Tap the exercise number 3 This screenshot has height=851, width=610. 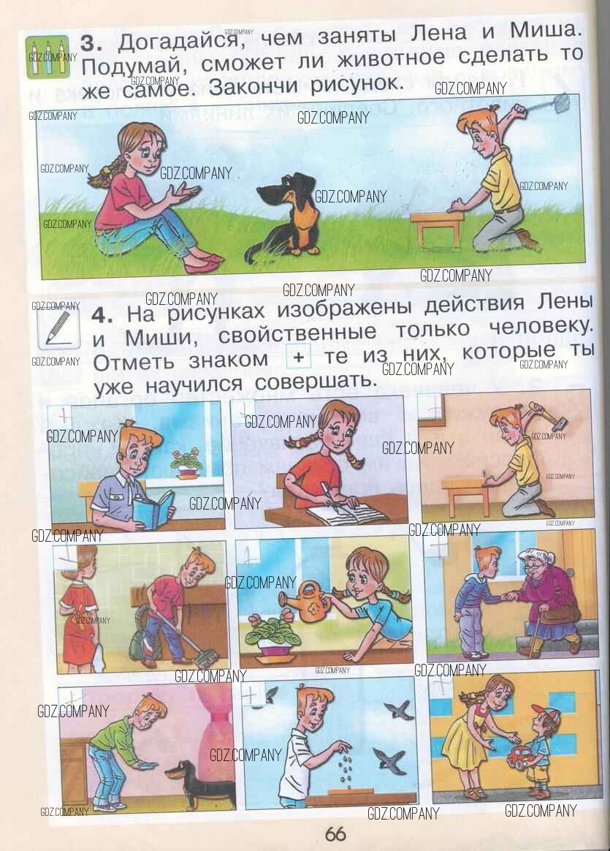coord(91,43)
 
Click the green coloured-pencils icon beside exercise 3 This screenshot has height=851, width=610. coord(47,57)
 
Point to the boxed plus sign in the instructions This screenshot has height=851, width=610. coord(297,357)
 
